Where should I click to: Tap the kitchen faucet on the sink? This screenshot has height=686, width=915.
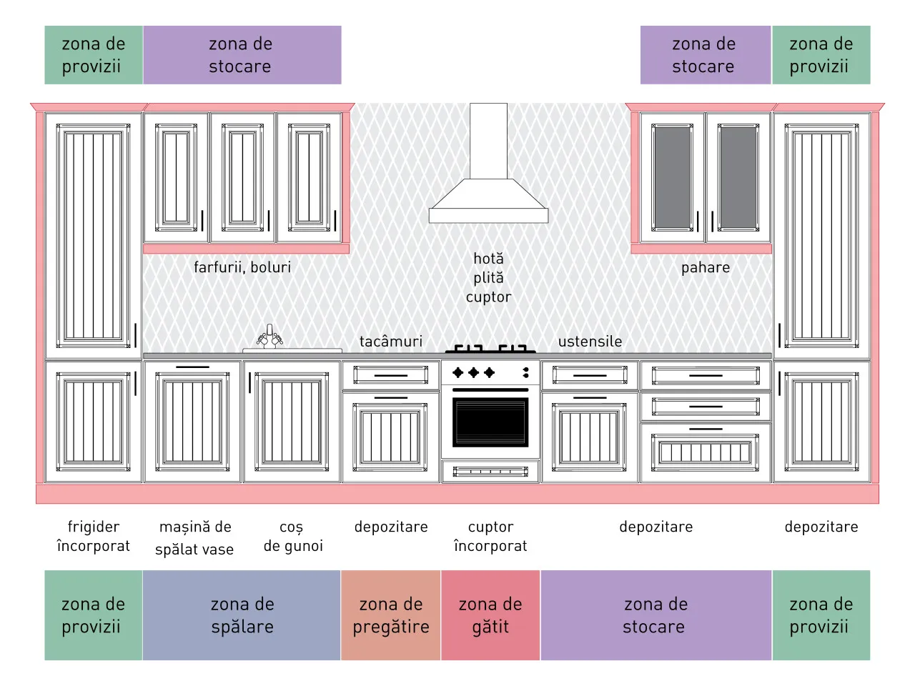click(269, 337)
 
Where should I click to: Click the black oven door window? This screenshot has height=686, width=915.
click(490, 422)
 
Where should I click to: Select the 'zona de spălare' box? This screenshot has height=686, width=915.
click(242, 615)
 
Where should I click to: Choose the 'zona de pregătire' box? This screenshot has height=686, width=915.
click(390, 615)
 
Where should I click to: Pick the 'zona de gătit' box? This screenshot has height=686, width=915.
click(490, 615)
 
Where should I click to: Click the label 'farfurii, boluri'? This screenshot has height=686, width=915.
click(242, 267)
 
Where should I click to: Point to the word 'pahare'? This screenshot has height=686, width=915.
click(706, 268)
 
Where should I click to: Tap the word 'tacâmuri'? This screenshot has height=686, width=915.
click(390, 342)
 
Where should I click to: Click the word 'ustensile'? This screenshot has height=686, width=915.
click(590, 342)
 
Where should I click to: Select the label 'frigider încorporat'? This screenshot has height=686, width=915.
click(94, 536)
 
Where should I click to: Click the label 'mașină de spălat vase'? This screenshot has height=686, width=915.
click(194, 537)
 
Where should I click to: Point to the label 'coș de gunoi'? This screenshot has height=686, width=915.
click(293, 537)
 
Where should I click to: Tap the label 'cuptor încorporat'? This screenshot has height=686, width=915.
click(490, 536)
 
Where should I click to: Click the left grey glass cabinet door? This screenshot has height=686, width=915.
click(672, 178)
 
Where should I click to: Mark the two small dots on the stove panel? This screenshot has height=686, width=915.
click(526, 372)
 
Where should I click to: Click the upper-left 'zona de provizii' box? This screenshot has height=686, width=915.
click(94, 55)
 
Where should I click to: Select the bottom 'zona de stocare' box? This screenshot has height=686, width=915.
click(656, 615)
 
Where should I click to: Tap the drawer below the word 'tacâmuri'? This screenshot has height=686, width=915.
click(390, 375)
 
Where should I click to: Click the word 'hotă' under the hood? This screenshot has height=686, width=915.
click(488, 259)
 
